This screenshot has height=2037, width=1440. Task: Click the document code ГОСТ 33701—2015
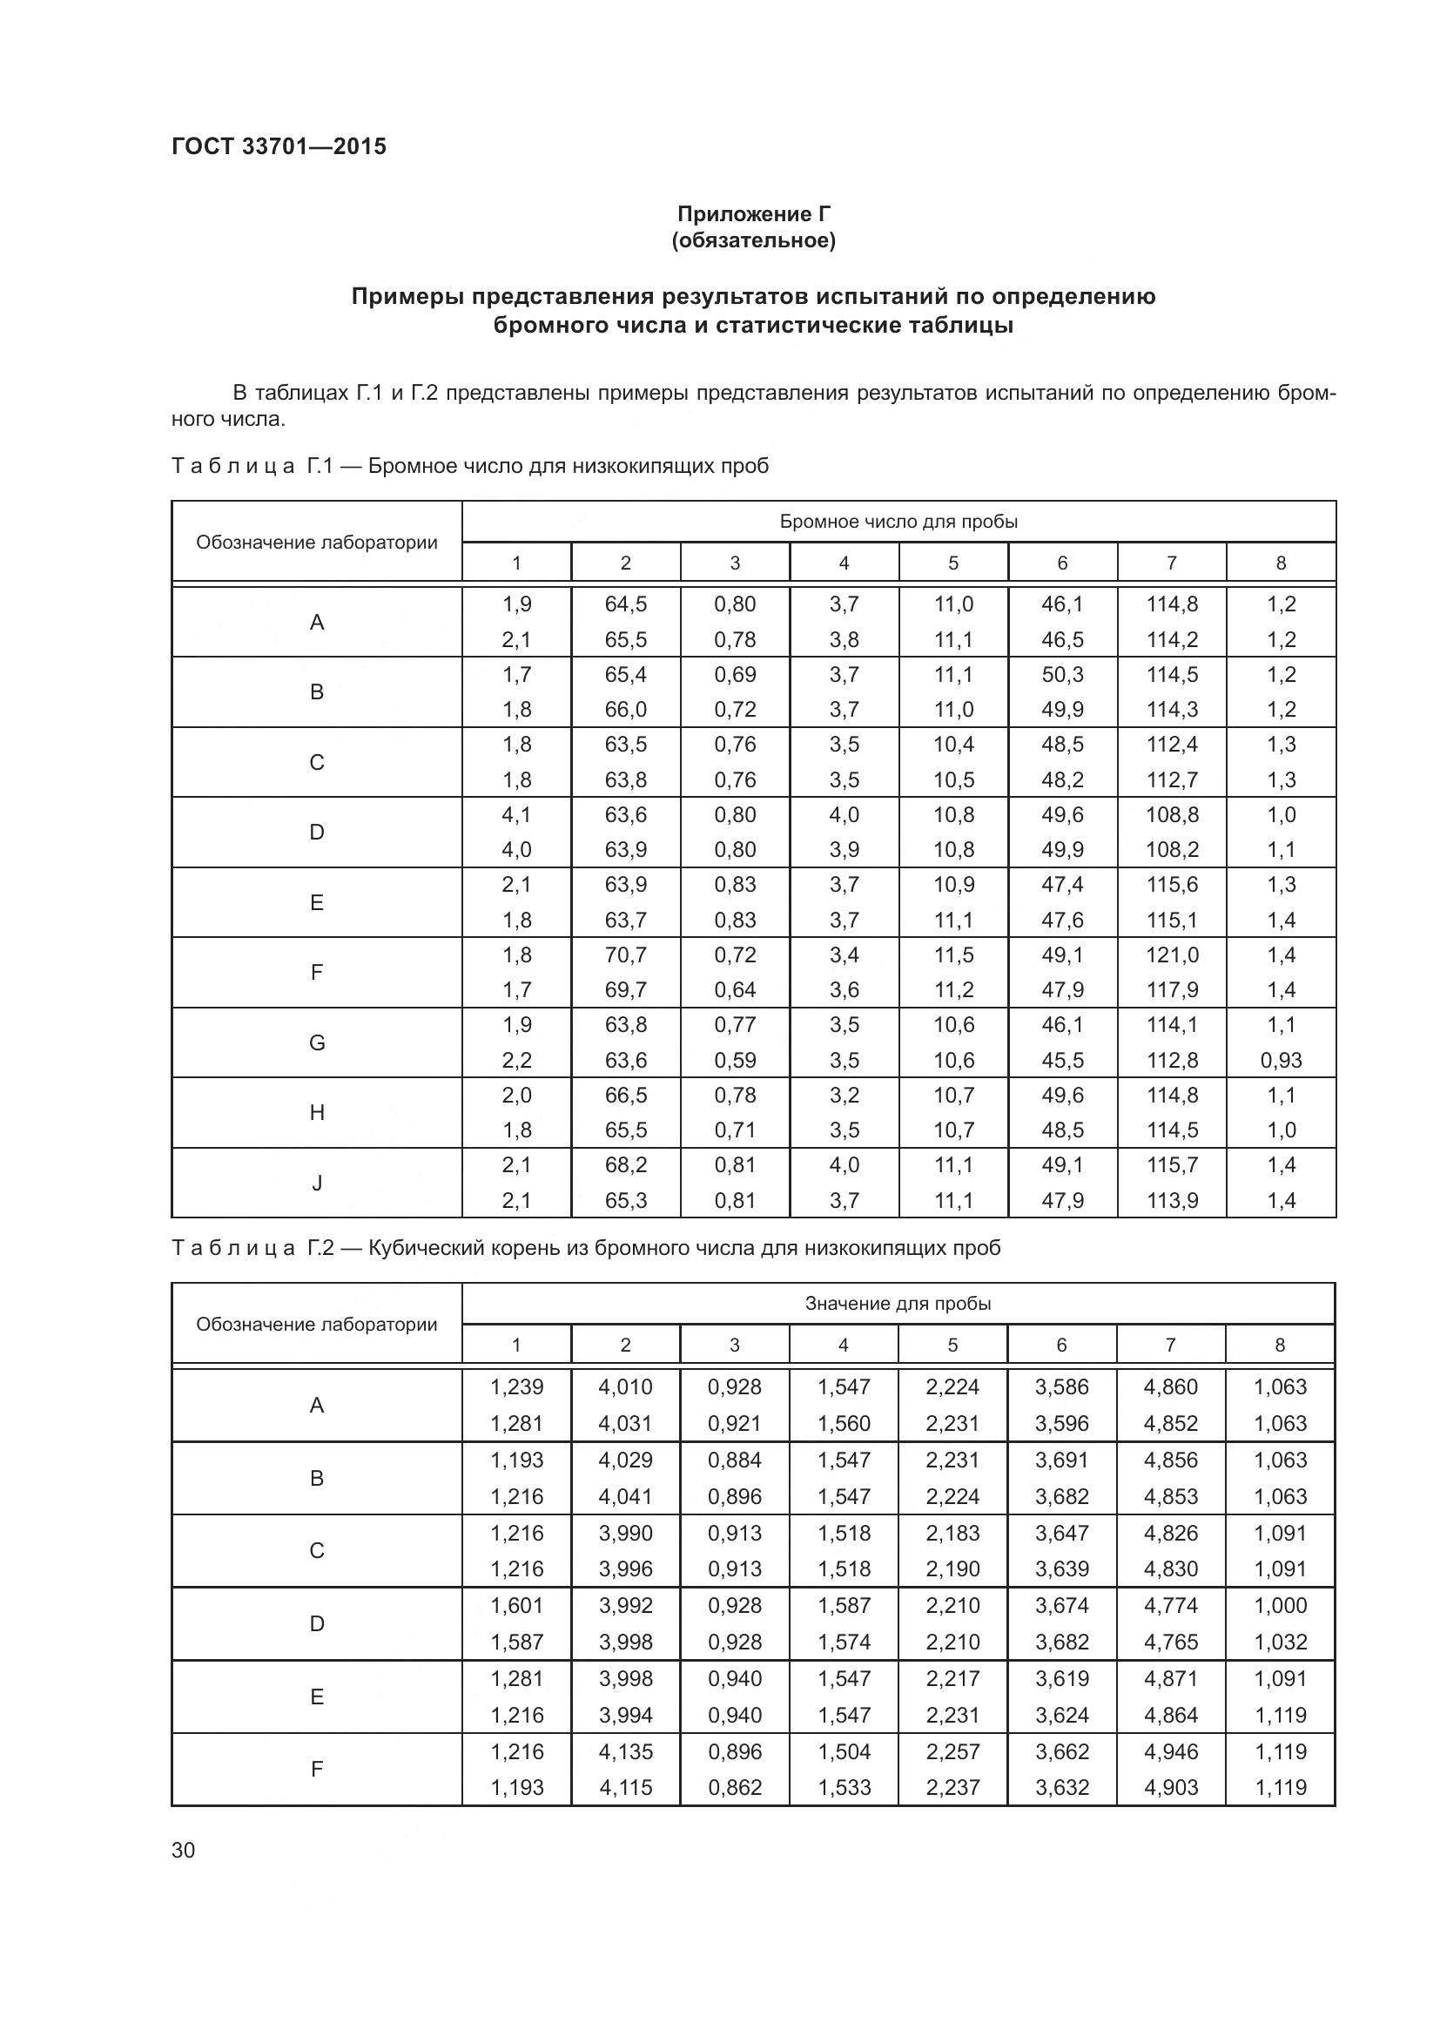pos(279,146)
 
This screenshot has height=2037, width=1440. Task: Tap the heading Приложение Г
pos(754,214)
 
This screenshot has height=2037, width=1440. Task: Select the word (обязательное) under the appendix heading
pos(754,240)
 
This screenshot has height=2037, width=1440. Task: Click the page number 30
pos(184,1851)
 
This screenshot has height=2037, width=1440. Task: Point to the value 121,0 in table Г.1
pos(1171,954)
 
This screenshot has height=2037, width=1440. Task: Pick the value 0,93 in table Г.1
pos(1281,1060)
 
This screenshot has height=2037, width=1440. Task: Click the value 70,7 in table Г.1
pos(625,954)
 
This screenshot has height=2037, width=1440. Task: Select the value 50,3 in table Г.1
pos(1061,674)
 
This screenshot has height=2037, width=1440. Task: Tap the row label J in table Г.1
pos(317,1183)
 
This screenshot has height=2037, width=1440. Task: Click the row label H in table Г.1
pos(317,1112)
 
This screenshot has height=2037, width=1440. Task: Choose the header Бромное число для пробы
pos(898,522)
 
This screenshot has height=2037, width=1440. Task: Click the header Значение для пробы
pos(898,1304)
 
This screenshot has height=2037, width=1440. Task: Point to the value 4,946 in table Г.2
pos(1170,1751)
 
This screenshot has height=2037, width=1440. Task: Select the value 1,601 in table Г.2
pos(516,1605)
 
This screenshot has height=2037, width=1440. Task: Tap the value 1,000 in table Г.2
pos(1280,1605)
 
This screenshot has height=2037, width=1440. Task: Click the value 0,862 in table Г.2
pos(734,1787)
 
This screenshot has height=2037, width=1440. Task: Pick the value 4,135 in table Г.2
pos(625,1751)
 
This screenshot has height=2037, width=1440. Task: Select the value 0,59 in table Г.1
pos(734,1060)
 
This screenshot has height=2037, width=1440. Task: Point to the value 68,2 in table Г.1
pos(625,1165)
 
